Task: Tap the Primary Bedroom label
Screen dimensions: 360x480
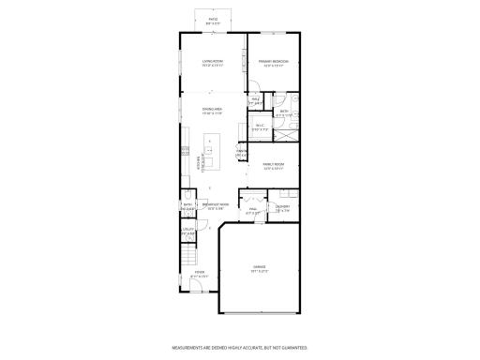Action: click(x=274, y=64)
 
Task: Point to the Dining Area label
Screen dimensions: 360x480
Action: click(x=212, y=112)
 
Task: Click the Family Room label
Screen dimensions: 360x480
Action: click(x=273, y=166)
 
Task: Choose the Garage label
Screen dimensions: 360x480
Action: click(x=258, y=270)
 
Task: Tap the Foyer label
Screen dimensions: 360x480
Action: click(x=199, y=275)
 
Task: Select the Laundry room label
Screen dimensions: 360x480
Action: click(x=282, y=208)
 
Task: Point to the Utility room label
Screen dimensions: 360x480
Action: click(x=187, y=230)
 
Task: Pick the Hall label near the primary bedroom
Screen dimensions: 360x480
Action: click(x=255, y=100)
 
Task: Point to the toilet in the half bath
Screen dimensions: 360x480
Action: click(x=187, y=198)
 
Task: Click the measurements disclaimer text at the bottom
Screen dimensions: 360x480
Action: click(x=239, y=346)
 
